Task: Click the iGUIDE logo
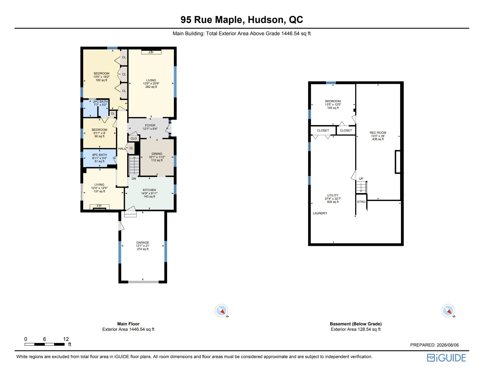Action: (x=446, y=358)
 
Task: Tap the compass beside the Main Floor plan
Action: (x=221, y=310)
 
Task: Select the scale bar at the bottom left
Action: (x=44, y=344)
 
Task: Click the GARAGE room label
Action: (x=143, y=243)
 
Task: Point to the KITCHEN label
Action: (x=149, y=190)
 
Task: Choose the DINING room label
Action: (x=157, y=154)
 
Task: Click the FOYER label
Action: (x=150, y=125)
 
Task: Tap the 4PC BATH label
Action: (x=99, y=155)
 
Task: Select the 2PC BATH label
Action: (x=100, y=102)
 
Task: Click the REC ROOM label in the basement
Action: (x=378, y=133)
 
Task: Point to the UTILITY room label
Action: (x=333, y=195)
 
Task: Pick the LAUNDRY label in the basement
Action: (x=320, y=213)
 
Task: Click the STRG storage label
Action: (x=361, y=202)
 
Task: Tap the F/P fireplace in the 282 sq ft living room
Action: (x=151, y=52)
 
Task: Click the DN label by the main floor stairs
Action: (x=134, y=179)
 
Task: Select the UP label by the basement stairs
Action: (x=361, y=179)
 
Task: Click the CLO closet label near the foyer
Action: (x=134, y=139)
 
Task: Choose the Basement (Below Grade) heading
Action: (x=356, y=324)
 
